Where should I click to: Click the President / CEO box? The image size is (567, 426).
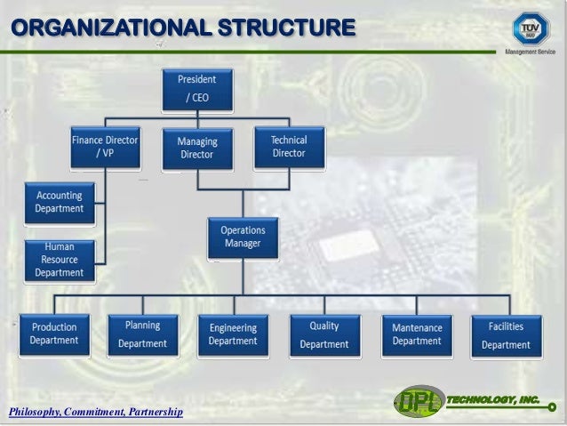tap(196, 89)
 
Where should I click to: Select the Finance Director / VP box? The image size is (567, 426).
tap(105, 147)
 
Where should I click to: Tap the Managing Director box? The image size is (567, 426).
tap(196, 149)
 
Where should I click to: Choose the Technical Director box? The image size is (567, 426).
tap(288, 147)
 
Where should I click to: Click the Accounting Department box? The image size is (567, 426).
tap(59, 202)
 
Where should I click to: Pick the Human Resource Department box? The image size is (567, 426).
tap(59, 260)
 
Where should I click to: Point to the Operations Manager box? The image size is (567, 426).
tap(243, 237)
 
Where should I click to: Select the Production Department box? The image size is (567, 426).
tap(53, 334)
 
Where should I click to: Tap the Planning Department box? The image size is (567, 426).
tap(142, 334)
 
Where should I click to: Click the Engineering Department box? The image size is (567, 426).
tap(233, 334)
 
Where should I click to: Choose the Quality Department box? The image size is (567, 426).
tap(323, 334)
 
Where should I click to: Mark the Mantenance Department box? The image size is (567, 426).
tap(416, 334)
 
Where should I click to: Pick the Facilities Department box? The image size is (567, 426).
tap(506, 334)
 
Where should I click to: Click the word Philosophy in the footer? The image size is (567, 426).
tap(32, 412)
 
